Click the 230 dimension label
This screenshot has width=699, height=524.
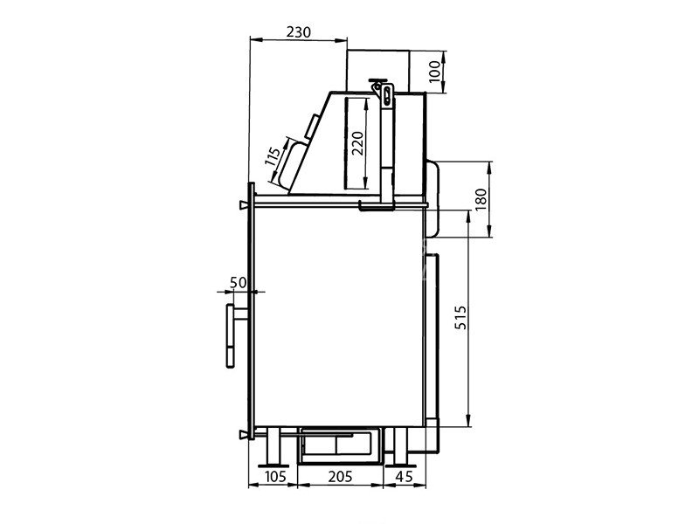(x=298, y=32)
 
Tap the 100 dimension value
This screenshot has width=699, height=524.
(x=434, y=72)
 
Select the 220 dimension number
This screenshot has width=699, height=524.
(x=357, y=143)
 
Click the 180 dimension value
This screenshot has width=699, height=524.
(x=481, y=200)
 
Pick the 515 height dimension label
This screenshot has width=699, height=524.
(x=461, y=317)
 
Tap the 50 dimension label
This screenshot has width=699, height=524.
(x=238, y=282)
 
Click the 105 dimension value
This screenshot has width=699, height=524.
(x=275, y=476)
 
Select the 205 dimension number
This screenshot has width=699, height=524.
(x=340, y=476)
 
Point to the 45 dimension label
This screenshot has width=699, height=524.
(x=404, y=476)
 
